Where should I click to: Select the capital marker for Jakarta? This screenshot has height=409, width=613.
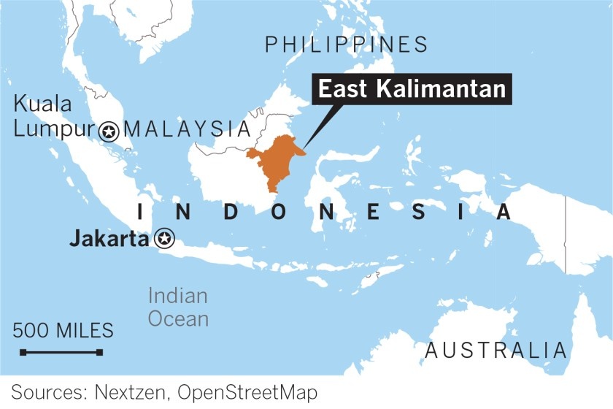pos(165,238)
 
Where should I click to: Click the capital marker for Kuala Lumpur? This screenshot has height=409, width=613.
pos(109,131)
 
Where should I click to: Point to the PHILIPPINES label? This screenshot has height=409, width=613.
pos(346,45)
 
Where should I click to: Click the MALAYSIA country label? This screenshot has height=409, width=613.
pos(188,130)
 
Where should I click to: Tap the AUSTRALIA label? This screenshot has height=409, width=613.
pos(496,351)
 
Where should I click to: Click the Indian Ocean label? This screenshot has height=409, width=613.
pos(178,307)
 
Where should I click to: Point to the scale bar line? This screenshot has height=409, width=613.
pos(62,353)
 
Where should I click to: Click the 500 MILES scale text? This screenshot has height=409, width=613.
pos(63,331)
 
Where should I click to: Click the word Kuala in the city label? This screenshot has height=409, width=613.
pos(43,104)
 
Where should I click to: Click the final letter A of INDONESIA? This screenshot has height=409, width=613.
pos(503,212)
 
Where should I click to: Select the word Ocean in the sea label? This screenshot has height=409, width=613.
pos(178,318)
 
